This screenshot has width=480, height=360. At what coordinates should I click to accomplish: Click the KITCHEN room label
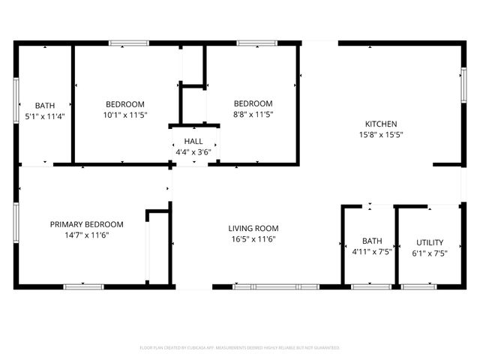click(381, 124)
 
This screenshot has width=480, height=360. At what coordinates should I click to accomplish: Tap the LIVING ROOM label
click(253, 228)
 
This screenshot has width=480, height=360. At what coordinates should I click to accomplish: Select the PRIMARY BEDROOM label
click(87, 224)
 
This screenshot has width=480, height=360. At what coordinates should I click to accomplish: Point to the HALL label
click(193, 141)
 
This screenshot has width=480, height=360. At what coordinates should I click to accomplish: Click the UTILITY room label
click(430, 242)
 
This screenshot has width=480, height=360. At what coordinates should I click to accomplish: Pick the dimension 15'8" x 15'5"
click(381, 136)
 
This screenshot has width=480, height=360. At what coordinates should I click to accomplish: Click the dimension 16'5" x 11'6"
click(253, 239)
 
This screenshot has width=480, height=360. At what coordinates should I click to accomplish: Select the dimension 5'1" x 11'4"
click(45, 116)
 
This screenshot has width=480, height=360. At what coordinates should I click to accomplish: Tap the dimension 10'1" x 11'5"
click(125, 115)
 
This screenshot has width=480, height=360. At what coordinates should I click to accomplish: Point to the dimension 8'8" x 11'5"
click(253, 115)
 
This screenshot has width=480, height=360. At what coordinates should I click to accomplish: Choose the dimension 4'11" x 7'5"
click(372, 253)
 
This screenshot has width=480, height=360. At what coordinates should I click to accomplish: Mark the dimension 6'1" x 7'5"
click(430, 253)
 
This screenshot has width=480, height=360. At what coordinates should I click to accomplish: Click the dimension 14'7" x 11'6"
click(87, 235)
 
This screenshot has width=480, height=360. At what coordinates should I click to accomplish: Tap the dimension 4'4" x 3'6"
click(193, 151)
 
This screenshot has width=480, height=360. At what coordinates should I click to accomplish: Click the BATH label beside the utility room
click(372, 241)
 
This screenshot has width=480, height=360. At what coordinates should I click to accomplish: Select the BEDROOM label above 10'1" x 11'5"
click(125, 104)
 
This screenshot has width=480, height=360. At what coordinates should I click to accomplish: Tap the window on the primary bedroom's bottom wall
click(84, 286)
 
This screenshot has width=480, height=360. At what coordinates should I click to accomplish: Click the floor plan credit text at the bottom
click(240, 348)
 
